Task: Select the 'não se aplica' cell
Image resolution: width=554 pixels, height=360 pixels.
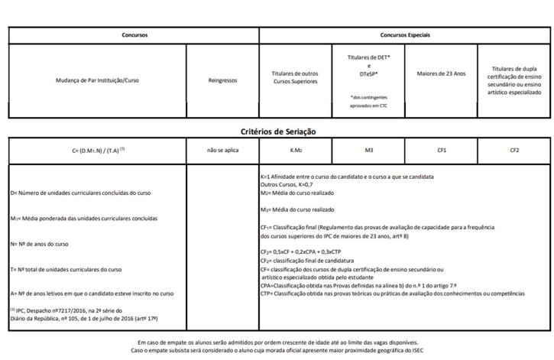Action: tap(223, 151)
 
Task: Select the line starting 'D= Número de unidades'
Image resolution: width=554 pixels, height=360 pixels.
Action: tap(71, 193)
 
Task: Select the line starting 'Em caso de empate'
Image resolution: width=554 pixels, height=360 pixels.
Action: tap(277, 342)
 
